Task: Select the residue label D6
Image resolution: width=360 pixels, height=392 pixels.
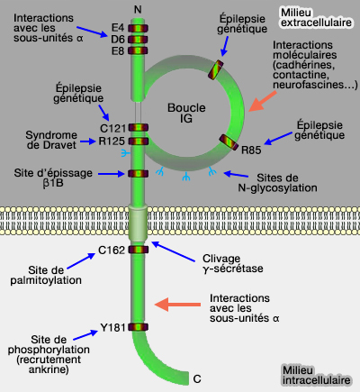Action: point(117,41)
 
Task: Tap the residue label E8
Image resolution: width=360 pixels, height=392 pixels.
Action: point(117,51)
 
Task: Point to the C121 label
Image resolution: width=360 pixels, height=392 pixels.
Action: point(112,128)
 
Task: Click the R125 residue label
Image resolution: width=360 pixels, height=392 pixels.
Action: point(112,141)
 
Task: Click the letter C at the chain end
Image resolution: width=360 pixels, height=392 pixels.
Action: point(196,379)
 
